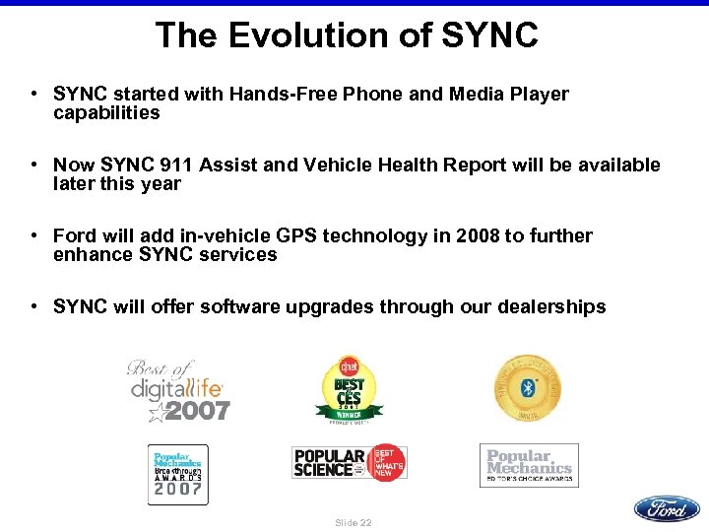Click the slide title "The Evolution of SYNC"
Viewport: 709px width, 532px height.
[347, 35]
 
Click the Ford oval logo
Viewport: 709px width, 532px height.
[667, 508]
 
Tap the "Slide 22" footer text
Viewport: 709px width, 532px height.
[354, 522]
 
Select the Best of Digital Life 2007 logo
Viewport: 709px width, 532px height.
[179, 391]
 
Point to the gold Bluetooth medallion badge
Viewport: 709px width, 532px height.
[528, 387]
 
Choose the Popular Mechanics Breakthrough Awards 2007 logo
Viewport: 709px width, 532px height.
[177, 474]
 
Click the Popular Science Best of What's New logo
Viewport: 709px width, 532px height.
[349, 462]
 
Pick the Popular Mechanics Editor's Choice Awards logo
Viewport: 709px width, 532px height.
[529, 465]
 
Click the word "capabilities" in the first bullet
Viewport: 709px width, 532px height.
[106, 112]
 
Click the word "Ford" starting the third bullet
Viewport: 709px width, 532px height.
[75, 235]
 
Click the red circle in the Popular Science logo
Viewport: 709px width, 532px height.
[386, 462]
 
